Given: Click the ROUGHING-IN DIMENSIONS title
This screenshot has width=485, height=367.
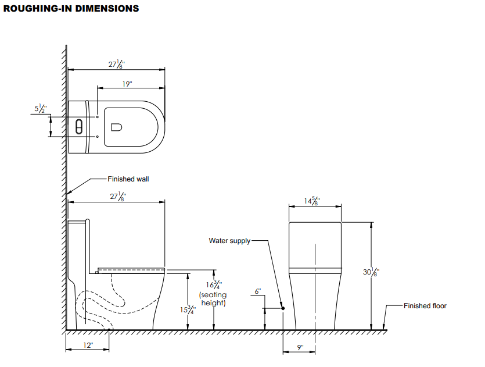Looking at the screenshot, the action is point(71,8).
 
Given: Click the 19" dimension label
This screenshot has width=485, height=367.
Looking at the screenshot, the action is point(127,84).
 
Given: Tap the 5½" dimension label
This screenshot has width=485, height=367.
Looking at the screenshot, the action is point(41,108).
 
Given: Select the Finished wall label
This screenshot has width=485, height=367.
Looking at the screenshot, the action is point(128,179).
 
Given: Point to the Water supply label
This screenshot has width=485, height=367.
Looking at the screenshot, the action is point(229,241).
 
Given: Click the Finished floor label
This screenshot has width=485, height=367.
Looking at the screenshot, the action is point(425,306).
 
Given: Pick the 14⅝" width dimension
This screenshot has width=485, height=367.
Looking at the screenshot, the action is point(312,201).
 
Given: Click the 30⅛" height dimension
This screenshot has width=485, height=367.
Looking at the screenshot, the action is point(371,272).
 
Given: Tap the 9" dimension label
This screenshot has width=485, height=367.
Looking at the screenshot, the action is point(300,347).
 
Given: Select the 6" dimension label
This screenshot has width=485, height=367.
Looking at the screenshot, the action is point(258,291).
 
